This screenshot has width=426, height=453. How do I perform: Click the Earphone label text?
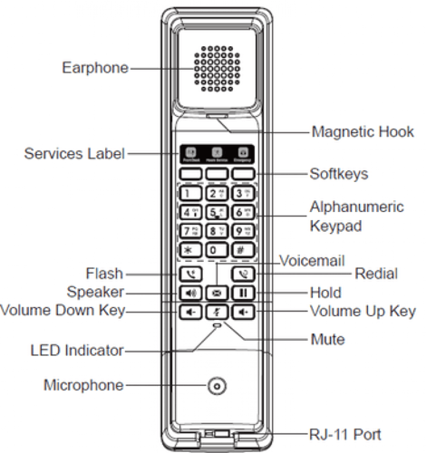coord(93,67)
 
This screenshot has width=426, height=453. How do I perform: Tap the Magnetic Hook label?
coord(362,132)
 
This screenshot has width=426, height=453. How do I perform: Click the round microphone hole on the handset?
coord(216,386)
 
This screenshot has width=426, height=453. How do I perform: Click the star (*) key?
coord(189,250)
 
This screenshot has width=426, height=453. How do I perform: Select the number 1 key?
coord(189,193)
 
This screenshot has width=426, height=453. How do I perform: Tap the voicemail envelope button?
coord(217,294)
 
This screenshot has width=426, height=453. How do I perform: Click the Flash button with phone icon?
coord(189,273)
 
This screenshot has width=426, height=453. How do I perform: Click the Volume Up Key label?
coord(362,312)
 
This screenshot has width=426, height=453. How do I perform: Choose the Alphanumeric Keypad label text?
coord(356,217)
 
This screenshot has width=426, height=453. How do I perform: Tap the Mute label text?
coord(326,341)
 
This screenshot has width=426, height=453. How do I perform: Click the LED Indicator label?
coord(76,351)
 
